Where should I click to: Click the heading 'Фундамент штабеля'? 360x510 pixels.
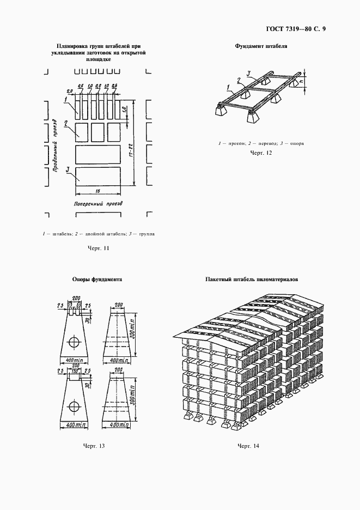[261, 46]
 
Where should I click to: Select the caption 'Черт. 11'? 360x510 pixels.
[99, 248]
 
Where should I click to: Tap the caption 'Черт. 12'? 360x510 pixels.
[260, 153]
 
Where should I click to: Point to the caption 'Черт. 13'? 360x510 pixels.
[93, 446]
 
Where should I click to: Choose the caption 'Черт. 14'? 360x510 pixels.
[248, 446]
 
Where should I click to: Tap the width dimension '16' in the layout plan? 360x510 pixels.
[96, 191]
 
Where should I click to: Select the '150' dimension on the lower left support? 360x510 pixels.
[75, 371]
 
